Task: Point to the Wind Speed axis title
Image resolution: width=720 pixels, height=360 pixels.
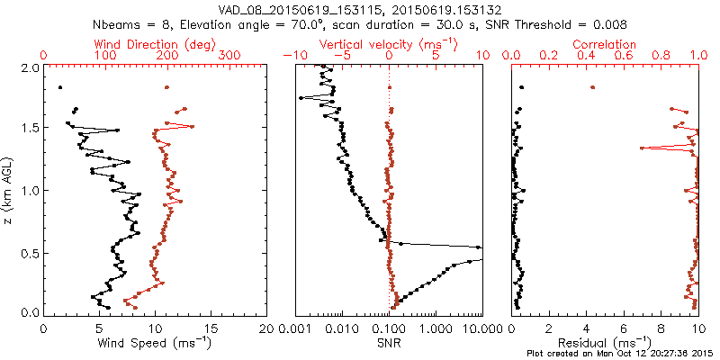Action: pos(156,343)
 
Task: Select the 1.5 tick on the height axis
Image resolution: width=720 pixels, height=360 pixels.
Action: pos(29,129)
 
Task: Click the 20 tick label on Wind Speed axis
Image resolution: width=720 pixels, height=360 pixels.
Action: pos(266,328)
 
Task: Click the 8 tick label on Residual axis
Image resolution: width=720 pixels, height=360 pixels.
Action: pos(661,328)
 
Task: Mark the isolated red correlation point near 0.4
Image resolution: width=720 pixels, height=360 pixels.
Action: pos(592,87)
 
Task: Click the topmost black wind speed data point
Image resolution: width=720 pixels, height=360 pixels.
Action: pos(59,87)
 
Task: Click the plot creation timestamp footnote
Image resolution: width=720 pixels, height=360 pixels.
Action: pos(622,354)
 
